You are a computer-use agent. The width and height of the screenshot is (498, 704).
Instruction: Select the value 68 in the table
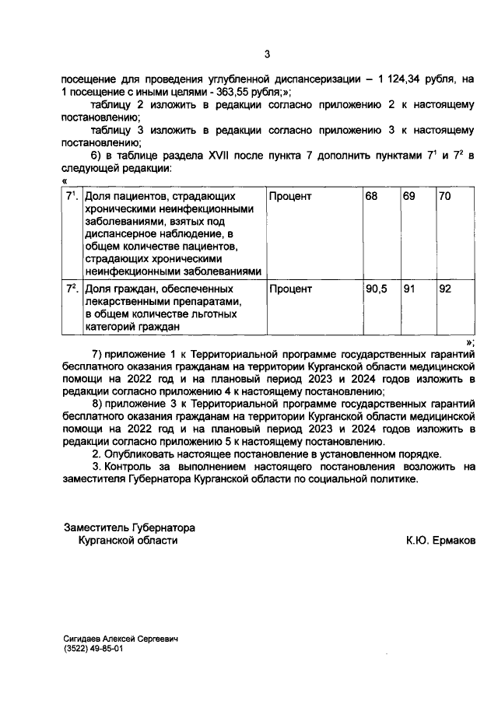(372, 197)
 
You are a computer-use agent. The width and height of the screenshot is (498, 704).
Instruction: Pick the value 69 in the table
(409, 197)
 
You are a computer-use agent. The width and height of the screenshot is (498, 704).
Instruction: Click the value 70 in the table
(445, 197)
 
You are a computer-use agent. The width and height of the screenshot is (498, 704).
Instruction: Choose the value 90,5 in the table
(377, 289)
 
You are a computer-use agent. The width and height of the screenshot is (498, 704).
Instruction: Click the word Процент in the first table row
(290, 197)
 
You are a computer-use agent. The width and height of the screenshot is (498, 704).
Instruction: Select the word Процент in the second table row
(290, 289)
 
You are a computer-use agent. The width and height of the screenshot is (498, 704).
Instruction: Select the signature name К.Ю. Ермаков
(440, 540)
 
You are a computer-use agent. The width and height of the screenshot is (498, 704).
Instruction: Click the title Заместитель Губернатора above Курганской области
(129, 527)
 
